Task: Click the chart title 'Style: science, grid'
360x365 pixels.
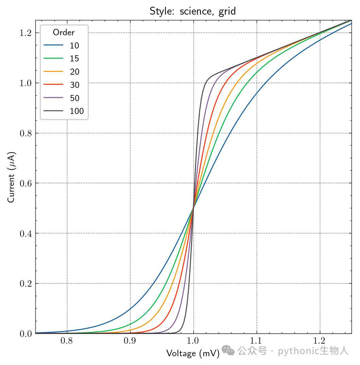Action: [192, 11]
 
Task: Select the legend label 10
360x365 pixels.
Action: [74, 45]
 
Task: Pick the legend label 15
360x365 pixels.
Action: [74, 58]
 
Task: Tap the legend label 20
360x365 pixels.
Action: [75, 72]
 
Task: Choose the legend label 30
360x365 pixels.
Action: [75, 85]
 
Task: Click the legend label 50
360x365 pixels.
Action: [75, 98]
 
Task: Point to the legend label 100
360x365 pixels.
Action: [77, 111]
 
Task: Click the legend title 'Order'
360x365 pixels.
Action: [64, 32]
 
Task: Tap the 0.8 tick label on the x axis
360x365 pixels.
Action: [67, 341]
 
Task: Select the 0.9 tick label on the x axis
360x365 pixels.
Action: [130, 341]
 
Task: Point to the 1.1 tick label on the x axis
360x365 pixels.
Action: [256, 341]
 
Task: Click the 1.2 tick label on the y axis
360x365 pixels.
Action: [25, 33]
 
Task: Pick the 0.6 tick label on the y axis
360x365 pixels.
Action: [25, 184]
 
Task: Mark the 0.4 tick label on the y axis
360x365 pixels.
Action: [25, 233]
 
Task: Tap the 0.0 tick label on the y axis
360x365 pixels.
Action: [25, 334]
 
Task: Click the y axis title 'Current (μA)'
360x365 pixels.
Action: [11, 177]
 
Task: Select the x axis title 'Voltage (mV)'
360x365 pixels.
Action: [193, 353]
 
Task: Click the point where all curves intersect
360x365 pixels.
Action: [193, 208]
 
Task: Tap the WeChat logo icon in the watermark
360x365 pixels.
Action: [228, 350]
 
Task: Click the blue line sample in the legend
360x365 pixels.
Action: [53, 45]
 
